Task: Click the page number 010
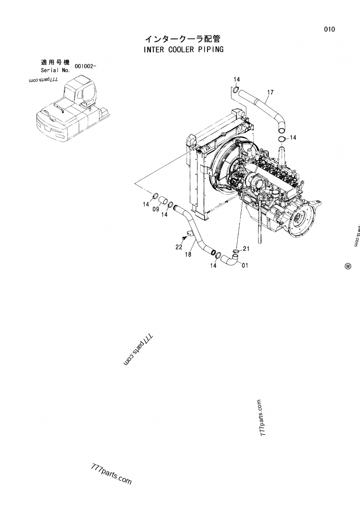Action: pyautogui.click(x=329, y=30)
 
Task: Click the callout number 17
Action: pyautogui.click(x=270, y=93)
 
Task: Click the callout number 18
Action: pyautogui.click(x=188, y=254)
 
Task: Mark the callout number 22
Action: pyautogui.click(x=178, y=247)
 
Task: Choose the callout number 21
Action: pyautogui.click(x=246, y=248)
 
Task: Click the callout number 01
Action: pyautogui.click(x=245, y=265)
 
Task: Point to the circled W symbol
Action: pyautogui.click(x=347, y=266)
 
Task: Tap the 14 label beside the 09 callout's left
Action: pyautogui.click(x=146, y=205)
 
